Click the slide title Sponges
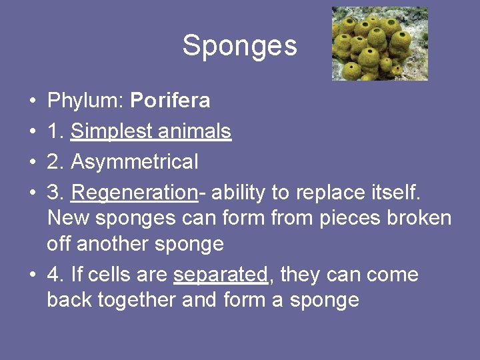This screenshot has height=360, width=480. click(239, 45)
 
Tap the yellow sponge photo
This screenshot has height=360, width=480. click(379, 43)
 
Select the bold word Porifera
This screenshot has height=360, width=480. click(170, 101)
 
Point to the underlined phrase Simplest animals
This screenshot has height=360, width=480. click(151, 131)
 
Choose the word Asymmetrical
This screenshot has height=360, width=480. click(134, 161)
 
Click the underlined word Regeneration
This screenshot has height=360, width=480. click(133, 193)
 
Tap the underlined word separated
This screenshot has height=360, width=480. click(221, 275)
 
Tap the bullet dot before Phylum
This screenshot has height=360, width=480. click(33, 101)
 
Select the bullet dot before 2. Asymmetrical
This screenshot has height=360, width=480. click(33, 162)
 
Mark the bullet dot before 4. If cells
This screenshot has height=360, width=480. click(33, 275)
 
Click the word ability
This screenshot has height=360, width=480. click(239, 193)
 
